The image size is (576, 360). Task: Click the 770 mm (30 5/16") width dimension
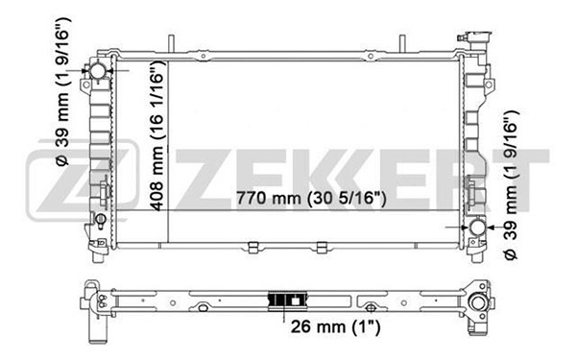[311, 199]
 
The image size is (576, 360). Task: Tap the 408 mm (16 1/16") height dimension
[157, 137]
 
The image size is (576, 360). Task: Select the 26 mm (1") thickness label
[335, 326]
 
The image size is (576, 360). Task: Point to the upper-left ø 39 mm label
[62, 91]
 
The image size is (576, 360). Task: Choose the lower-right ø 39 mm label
[511, 185]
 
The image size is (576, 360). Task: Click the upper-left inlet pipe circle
[98, 71]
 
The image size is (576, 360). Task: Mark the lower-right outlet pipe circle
[478, 228]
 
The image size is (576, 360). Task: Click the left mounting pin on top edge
[171, 43]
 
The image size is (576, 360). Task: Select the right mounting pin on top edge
[402, 43]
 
